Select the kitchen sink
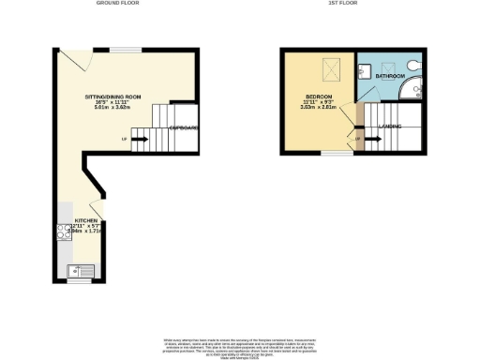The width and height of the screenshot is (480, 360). coord(80,272)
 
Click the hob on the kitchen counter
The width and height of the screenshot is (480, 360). coord(64,231)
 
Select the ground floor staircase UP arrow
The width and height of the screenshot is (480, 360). coord(140,140)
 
